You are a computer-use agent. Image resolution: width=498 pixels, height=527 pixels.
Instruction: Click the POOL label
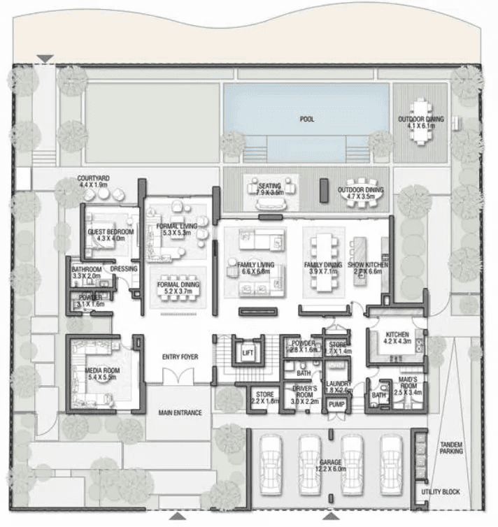pyautogui.click(x=306, y=119)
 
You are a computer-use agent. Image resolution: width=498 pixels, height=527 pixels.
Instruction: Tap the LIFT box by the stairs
pyautogui.click(x=248, y=353)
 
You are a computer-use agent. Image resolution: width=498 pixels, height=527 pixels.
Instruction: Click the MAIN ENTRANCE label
pyautogui.click(x=180, y=413)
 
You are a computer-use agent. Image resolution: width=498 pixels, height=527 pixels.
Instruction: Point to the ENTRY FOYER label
pyautogui.click(x=180, y=357)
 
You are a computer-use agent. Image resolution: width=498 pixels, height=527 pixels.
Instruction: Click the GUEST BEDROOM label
pyautogui.click(x=110, y=231)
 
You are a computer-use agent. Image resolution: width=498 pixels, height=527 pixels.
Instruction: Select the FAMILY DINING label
pyautogui.click(x=322, y=266)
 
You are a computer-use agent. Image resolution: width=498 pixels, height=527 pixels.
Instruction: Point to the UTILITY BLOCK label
pyautogui.click(x=441, y=493)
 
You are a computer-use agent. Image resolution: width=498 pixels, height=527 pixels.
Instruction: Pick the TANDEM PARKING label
pyautogui.click(x=452, y=448)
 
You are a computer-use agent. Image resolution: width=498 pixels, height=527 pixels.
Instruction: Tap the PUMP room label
pyautogui.click(x=336, y=405)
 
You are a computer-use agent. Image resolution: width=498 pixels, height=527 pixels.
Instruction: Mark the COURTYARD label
pyautogui.click(x=94, y=179)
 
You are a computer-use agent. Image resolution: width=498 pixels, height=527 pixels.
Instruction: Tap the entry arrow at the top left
pyautogui.click(x=46, y=59)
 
